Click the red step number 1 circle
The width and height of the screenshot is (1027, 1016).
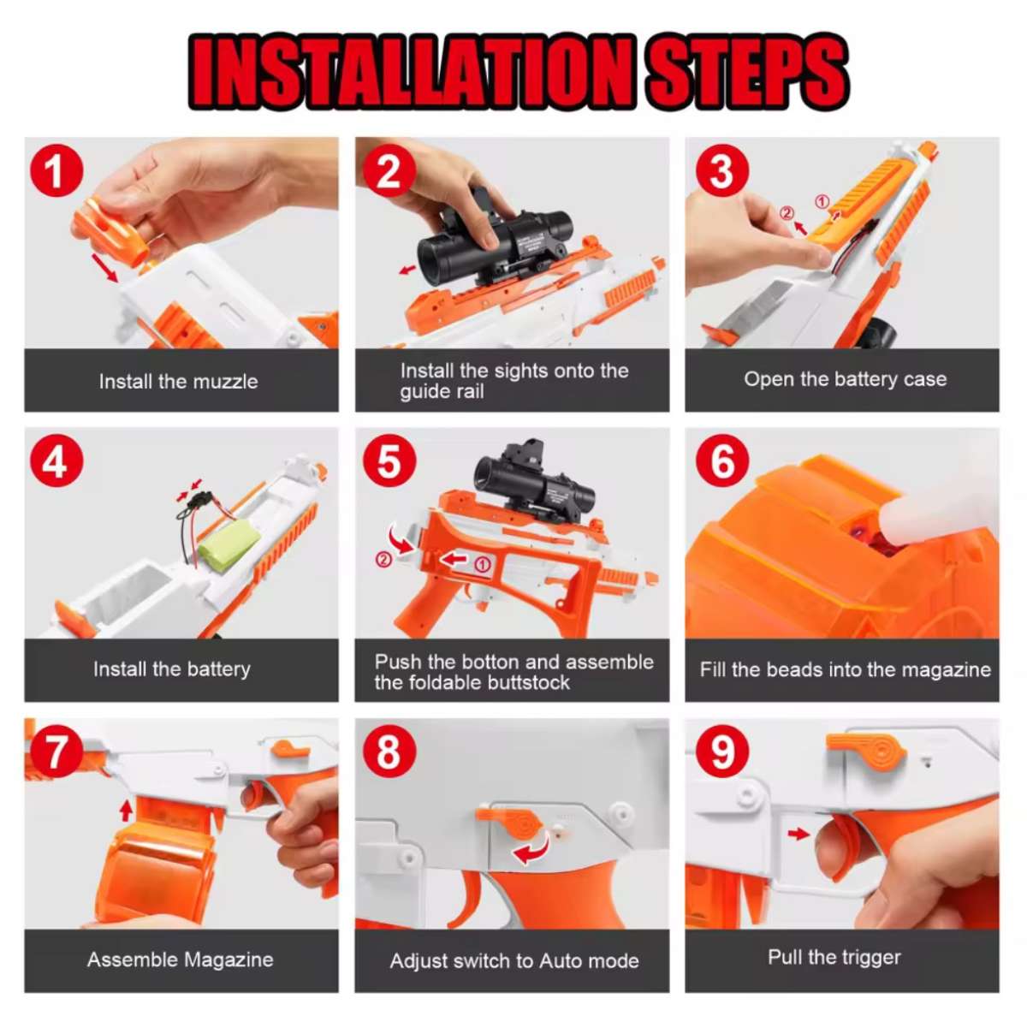click(x=56, y=170)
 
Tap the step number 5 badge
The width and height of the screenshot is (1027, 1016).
click(x=389, y=461)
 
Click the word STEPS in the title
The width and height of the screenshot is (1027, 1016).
click(x=745, y=72)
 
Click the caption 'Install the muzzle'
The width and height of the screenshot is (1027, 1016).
click(x=178, y=382)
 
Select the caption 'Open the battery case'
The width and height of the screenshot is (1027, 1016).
click(x=845, y=379)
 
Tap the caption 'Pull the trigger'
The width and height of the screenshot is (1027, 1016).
click(x=834, y=957)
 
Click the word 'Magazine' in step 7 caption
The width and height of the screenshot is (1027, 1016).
click(x=229, y=960)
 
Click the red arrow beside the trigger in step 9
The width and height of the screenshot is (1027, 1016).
click(x=798, y=833)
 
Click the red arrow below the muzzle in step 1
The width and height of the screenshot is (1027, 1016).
click(x=104, y=268)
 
